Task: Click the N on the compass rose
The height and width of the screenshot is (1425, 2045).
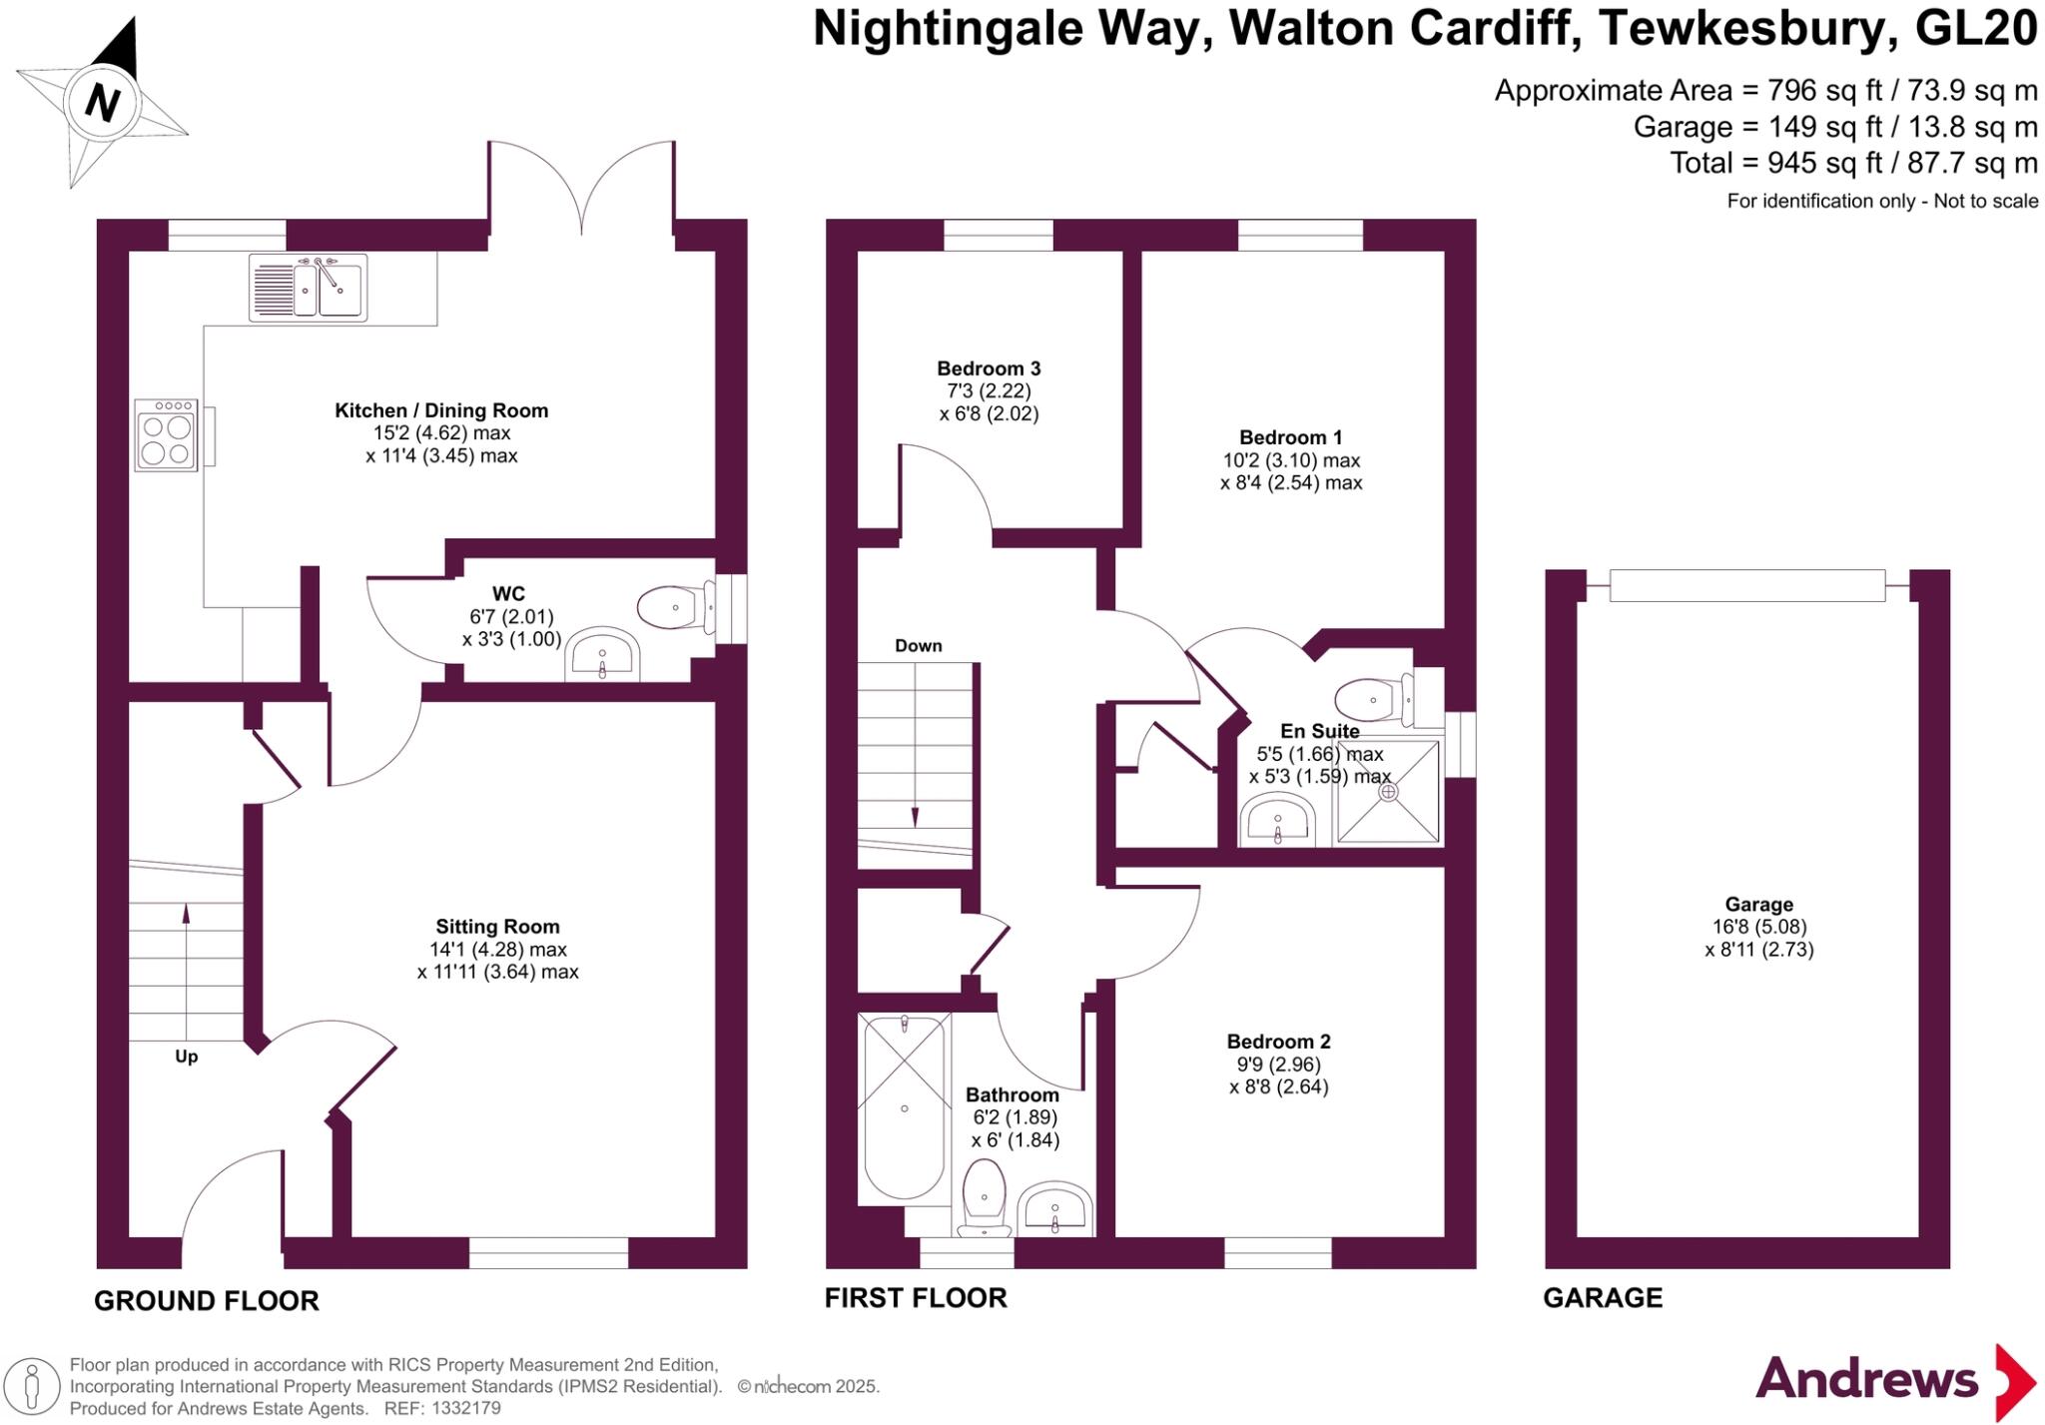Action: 102,102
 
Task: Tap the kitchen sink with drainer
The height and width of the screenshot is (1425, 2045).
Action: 308,288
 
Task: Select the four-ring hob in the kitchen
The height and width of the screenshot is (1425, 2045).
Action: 166,434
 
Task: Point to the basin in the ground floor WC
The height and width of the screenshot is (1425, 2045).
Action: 602,657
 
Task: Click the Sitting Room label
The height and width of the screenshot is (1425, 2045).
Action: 497,927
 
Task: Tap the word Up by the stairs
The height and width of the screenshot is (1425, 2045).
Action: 187,1057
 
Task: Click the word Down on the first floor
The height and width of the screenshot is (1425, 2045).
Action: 918,646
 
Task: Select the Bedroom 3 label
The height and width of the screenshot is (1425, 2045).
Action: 988,368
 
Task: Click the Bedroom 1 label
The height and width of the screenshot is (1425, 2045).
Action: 1290,437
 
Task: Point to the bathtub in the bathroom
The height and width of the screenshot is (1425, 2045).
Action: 904,1106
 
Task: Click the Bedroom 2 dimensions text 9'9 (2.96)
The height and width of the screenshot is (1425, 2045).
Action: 1278,1065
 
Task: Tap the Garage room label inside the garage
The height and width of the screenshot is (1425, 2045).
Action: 1758,905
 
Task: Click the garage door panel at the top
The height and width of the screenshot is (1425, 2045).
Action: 1746,585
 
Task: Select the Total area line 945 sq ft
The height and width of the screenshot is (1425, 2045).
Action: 1853,163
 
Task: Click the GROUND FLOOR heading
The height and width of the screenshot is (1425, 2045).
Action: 207,1300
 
